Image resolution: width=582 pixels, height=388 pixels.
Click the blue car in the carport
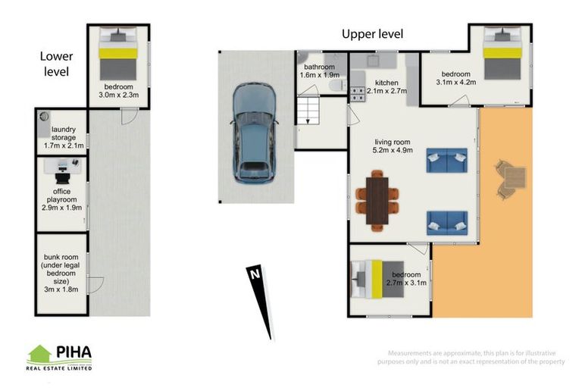point(255,133)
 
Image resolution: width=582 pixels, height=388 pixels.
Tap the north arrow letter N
point(255,274)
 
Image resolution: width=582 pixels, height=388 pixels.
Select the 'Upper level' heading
point(372,34)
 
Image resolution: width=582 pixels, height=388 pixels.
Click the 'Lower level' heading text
point(56,64)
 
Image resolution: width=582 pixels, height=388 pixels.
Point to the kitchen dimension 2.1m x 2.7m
point(386,91)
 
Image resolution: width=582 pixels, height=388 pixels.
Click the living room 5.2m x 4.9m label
point(393,146)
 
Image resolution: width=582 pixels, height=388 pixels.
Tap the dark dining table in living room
point(377,201)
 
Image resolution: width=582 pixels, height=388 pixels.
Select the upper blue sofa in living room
point(446,161)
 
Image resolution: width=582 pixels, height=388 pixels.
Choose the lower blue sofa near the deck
point(446,223)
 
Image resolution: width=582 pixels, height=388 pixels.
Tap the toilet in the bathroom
point(337,86)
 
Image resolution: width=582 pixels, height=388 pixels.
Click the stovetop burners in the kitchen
point(358,94)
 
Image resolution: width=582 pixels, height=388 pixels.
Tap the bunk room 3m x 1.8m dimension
point(61,289)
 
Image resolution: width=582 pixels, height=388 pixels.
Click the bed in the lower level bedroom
point(118,54)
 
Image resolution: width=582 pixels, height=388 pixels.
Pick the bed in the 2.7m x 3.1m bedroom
point(377,279)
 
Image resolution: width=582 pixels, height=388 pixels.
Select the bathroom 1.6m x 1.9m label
point(320,71)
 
